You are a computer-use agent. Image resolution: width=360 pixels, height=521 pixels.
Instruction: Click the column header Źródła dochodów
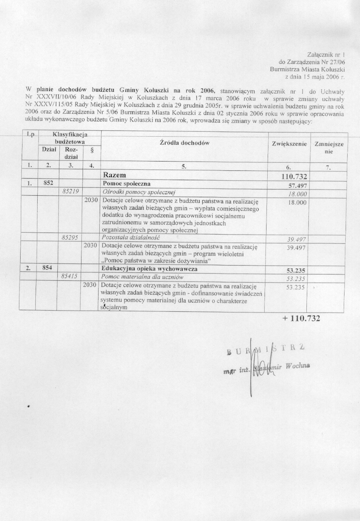(x=185, y=142)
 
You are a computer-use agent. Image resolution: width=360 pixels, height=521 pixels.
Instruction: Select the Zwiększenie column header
(x=289, y=144)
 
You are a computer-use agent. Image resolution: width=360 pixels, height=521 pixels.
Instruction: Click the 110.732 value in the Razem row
(x=294, y=177)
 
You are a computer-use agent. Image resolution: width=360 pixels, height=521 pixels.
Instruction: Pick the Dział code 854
(x=48, y=268)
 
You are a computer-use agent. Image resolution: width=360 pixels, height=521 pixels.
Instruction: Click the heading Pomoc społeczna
(x=126, y=183)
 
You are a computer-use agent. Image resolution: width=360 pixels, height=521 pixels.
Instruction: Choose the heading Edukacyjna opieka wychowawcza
(x=149, y=269)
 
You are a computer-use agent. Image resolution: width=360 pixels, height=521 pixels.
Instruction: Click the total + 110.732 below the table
(x=301, y=318)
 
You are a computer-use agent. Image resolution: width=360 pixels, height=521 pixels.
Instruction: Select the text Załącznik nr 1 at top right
(x=326, y=54)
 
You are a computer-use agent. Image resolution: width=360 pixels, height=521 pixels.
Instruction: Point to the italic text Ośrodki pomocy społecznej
(x=138, y=191)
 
